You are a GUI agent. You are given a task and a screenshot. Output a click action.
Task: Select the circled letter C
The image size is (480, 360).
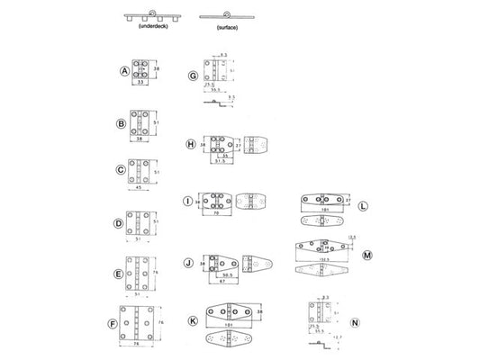122,169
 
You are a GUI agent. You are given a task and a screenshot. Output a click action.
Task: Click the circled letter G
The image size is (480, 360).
193,77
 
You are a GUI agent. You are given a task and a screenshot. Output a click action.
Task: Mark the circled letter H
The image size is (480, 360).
191,144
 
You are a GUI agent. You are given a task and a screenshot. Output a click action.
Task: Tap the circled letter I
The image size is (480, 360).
188,202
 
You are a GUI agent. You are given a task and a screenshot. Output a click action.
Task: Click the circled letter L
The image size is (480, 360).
362,205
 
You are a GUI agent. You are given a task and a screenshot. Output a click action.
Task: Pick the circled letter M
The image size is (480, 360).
367,254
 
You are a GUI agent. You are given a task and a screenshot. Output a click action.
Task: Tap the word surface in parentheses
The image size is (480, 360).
217,28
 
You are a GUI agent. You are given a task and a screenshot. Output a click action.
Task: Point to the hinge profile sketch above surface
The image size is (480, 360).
217,15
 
